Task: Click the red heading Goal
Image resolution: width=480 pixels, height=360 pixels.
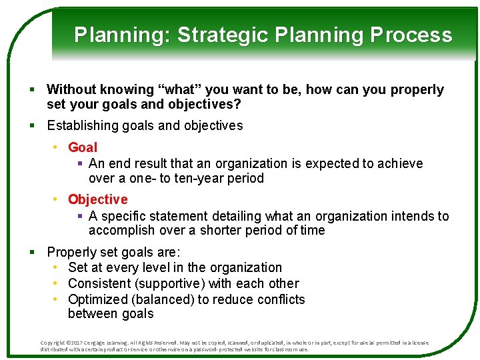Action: click(x=83, y=147)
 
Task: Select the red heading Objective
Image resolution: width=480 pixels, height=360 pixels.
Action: click(x=97, y=199)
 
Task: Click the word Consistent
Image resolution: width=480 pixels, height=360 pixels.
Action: click(x=101, y=283)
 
